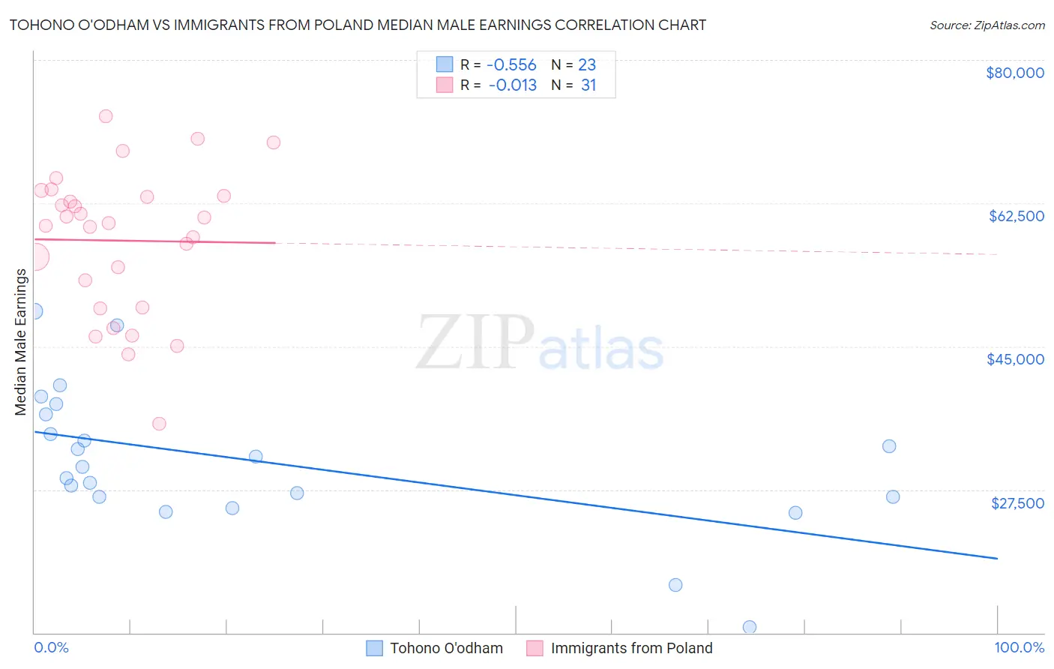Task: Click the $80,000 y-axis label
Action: [x=1015, y=73]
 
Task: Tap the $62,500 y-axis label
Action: [x=1017, y=216]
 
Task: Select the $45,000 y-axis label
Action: [x=1015, y=359]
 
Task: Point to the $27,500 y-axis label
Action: [x=1017, y=503]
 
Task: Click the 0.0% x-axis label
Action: [x=51, y=648]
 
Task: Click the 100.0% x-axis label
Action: [x=1019, y=648]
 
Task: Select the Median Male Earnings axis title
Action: [x=21, y=342]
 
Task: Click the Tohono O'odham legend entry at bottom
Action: [x=435, y=648]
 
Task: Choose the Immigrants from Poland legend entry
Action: [x=620, y=648]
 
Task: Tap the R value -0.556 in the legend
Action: [x=511, y=65]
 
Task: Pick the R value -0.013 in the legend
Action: [x=513, y=85]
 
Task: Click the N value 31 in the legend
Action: [x=588, y=85]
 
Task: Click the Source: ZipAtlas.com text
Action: [x=987, y=25]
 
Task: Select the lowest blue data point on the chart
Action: [x=750, y=627]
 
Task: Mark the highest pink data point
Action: [x=106, y=116]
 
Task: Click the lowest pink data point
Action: [x=159, y=424]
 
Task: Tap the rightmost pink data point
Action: [x=274, y=142]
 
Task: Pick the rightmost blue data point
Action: [x=893, y=496]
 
